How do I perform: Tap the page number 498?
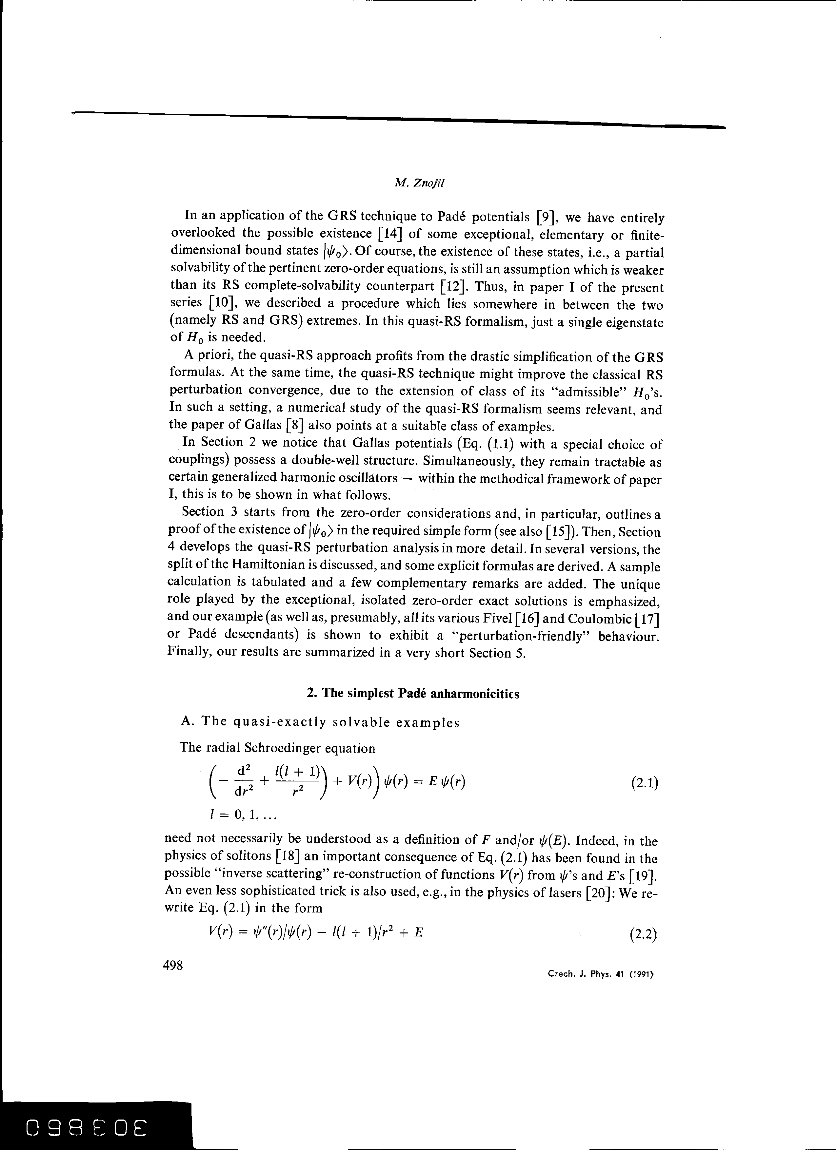(172, 965)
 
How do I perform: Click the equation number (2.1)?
(644, 784)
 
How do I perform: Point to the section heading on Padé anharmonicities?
(413, 694)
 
